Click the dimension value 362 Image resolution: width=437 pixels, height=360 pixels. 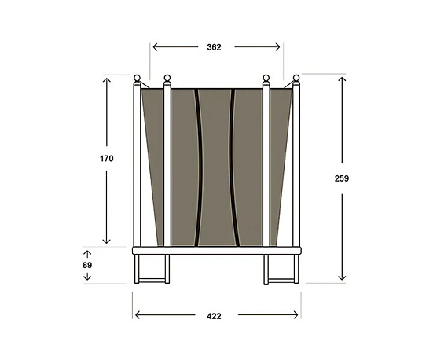(215, 47)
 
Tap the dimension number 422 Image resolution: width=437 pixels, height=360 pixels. (214, 317)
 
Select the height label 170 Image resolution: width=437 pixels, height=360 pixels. (107, 159)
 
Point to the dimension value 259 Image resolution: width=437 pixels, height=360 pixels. (341, 178)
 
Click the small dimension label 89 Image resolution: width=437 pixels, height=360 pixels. (87, 266)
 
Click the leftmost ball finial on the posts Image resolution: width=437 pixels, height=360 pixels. (137, 78)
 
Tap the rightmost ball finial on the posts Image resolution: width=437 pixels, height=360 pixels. (296, 78)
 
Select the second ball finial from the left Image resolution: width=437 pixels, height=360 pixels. (167, 78)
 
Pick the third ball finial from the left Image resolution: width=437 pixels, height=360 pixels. (266, 78)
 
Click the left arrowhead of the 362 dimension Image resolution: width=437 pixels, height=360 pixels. (153, 47)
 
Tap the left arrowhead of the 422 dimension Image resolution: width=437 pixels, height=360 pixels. (136, 316)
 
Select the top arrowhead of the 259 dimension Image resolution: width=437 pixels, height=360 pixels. (341, 79)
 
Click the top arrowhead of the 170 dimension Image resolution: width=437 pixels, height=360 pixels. (107, 79)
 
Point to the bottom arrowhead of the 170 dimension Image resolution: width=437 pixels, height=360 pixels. (107, 241)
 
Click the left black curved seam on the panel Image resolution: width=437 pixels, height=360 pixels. (197, 165)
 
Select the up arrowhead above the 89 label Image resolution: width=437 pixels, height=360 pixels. (87, 253)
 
